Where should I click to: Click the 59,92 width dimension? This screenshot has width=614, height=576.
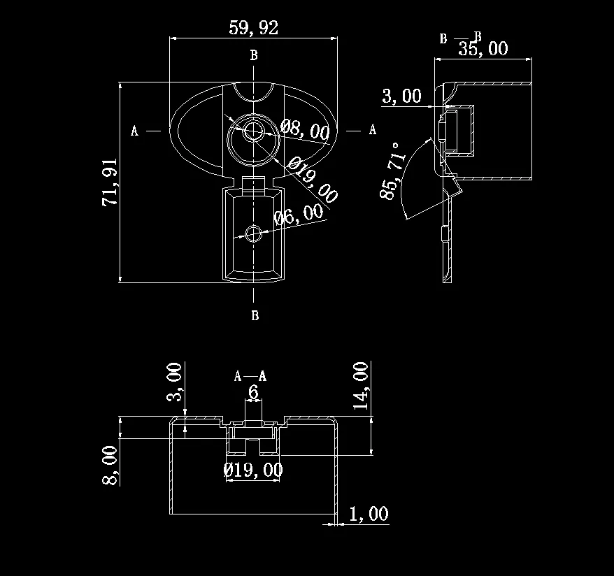pos(253,28)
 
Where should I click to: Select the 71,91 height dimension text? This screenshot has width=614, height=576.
pos(110,182)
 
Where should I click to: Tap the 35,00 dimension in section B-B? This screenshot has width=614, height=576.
pos(483,48)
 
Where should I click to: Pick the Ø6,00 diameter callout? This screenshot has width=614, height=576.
pos(299,215)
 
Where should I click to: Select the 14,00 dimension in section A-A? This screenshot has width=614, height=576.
pos(362,385)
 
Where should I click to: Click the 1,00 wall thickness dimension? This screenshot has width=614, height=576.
pos(368,514)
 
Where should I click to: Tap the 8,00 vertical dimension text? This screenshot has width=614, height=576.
pos(110,464)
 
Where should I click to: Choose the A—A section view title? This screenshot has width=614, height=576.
pos(250,377)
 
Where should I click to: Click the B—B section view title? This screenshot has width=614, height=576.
pos(460,38)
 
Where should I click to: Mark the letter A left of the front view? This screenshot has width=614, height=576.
pos(134,131)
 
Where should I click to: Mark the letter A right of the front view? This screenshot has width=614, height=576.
pos(373,129)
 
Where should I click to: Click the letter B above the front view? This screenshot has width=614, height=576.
pos(254,55)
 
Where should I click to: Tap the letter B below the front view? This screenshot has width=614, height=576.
pos(255,316)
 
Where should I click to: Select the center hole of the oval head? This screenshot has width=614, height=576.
pos(253,129)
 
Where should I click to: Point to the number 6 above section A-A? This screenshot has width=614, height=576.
pos(253,393)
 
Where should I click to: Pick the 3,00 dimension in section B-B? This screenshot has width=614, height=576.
pos(401,96)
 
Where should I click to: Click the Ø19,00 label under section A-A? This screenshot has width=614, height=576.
pos(253,470)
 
